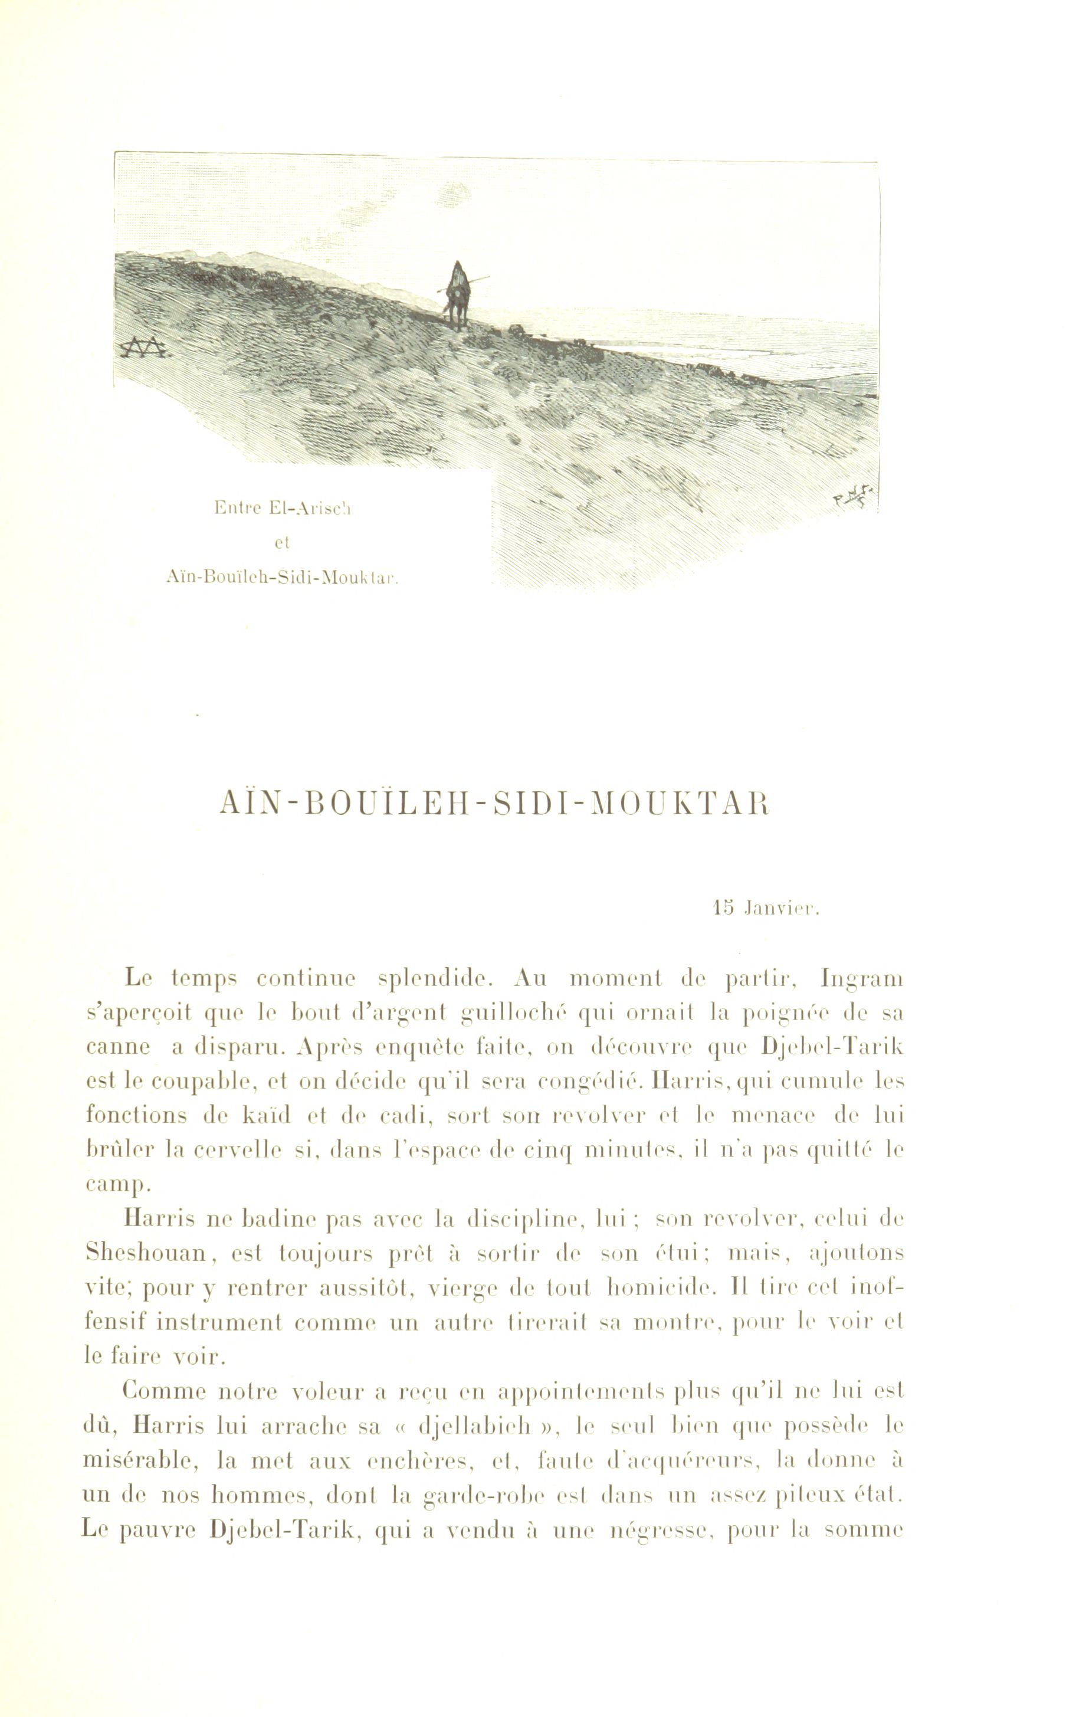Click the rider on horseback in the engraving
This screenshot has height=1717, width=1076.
click(x=455, y=294)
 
